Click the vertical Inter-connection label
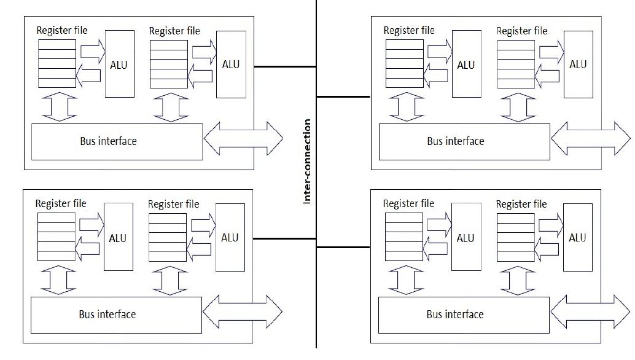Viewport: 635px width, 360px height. (x=308, y=162)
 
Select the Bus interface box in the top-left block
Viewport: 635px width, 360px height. (x=117, y=141)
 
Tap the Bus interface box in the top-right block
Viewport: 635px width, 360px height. (x=464, y=141)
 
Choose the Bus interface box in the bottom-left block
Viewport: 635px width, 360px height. (x=116, y=315)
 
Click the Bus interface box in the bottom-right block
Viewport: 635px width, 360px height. (x=463, y=315)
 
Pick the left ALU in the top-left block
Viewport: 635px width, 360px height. (x=120, y=64)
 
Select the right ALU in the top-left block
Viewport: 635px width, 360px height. (x=231, y=64)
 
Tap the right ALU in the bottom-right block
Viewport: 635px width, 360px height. (x=577, y=238)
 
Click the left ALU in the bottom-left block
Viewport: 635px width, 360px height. (x=119, y=237)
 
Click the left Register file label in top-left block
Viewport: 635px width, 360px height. (x=62, y=30)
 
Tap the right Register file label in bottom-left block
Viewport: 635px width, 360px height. (x=174, y=203)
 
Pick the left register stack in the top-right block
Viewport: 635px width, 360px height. (x=405, y=64)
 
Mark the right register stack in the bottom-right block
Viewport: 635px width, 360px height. (x=515, y=237)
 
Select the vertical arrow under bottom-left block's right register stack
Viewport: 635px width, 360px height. (x=168, y=280)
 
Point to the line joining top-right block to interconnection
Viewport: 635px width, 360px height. (x=343, y=96)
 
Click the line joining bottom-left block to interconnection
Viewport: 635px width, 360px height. (x=284, y=238)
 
